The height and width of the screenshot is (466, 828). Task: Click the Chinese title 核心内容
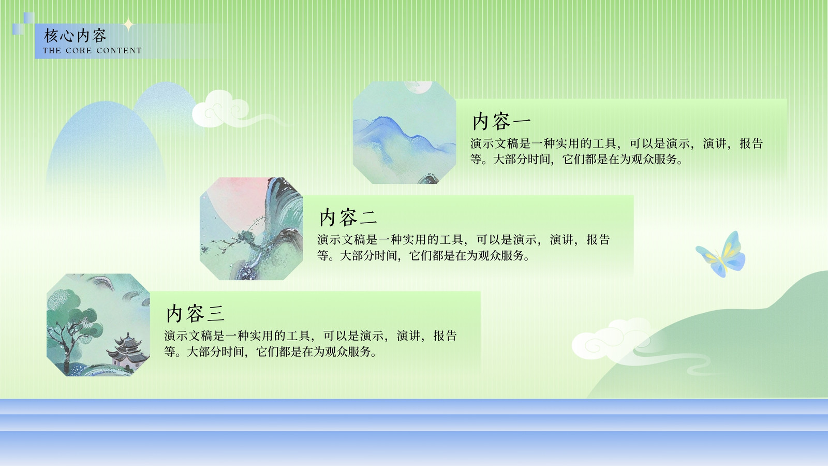pyautogui.click(x=76, y=36)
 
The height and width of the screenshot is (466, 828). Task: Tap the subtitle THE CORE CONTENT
pyautogui.click(x=92, y=51)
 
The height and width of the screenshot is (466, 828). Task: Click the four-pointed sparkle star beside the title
pyautogui.click(x=129, y=25)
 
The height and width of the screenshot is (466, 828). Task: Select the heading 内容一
pyautogui.click(x=501, y=121)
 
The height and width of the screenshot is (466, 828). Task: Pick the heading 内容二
pyautogui.click(x=348, y=217)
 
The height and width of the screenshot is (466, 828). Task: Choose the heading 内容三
pyautogui.click(x=195, y=313)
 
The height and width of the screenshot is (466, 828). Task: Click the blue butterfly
pyautogui.click(x=721, y=254)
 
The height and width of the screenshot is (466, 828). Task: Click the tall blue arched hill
pyautogui.click(x=106, y=148)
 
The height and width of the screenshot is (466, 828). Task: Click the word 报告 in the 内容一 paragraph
pyautogui.click(x=751, y=143)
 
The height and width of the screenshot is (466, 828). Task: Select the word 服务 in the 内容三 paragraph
pyautogui.click(x=359, y=352)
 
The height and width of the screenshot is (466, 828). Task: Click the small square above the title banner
pyautogui.click(x=29, y=18)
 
